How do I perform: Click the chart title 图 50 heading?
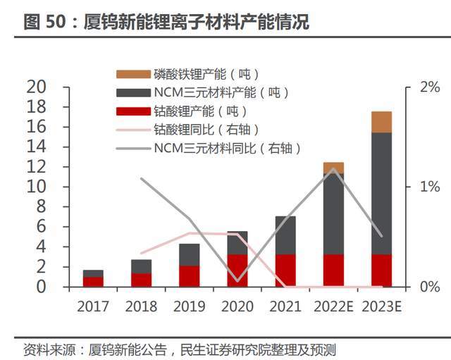click(166, 23)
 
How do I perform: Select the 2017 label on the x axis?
click(93, 307)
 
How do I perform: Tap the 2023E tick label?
click(381, 307)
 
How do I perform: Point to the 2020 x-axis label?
click(237, 307)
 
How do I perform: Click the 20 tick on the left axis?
click(37, 87)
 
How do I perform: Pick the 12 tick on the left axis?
click(37, 167)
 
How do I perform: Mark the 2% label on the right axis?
click(428, 87)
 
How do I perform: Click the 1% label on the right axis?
click(428, 187)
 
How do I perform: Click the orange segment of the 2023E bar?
click(381, 122)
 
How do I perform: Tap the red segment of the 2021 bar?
click(285, 271)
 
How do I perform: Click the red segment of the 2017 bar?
click(93, 282)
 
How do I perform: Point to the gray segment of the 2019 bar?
click(189, 254)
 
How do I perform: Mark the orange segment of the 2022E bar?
click(333, 168)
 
